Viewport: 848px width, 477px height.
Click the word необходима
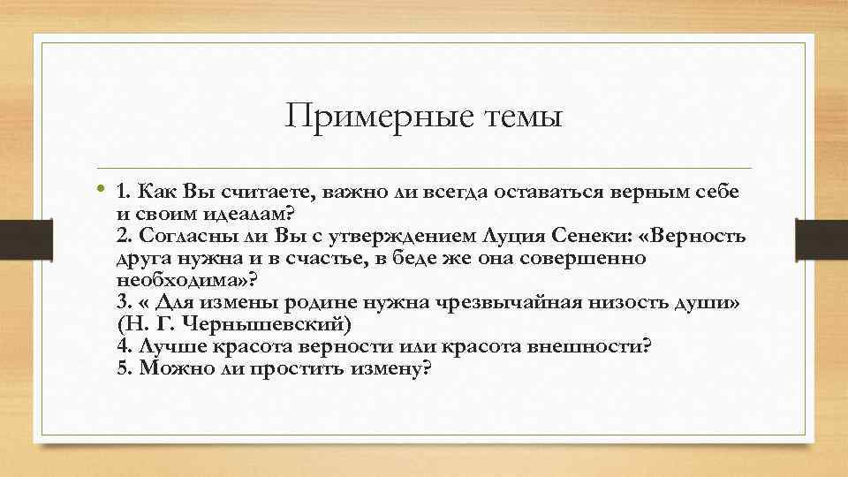(183, 280)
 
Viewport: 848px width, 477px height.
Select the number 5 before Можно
(121, 368)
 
